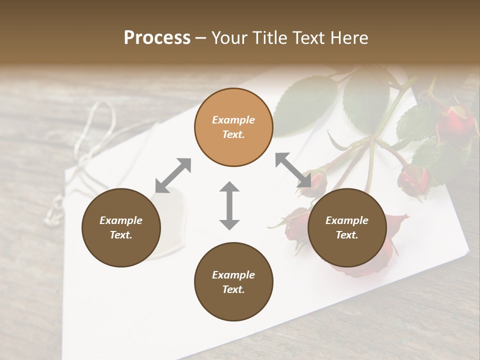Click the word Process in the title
pos(157,38)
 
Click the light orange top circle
pos(233,127)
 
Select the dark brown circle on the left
pos(121,227)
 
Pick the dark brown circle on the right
pos(347,227)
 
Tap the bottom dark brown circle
pos(233,282)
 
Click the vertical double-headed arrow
pos(229,205)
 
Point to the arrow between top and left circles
pos(173,175)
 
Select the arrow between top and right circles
pos(294,170)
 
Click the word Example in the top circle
pos(233,120)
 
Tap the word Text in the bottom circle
pos(232,289)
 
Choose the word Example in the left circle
pos(121,220)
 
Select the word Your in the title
pos(230,38)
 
